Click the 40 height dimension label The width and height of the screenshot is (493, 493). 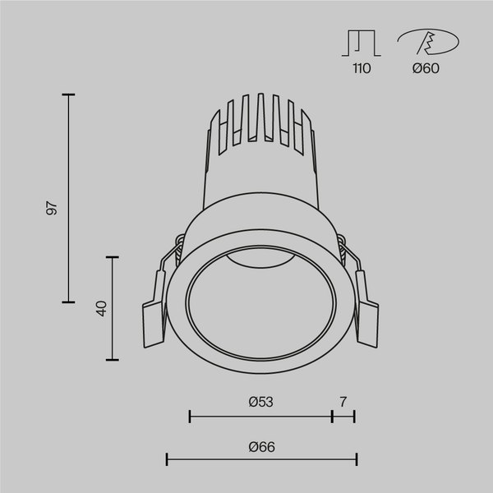101,309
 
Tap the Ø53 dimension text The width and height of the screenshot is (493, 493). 260,402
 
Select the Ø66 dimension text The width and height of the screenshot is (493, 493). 260,447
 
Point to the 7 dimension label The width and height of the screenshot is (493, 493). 343,402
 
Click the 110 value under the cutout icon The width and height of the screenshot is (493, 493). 362,69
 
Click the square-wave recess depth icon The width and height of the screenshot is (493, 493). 362,44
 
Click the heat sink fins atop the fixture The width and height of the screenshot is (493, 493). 259,123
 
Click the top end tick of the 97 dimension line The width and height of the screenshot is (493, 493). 68,95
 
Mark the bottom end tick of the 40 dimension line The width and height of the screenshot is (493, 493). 114,360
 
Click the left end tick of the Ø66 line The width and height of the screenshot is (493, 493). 167,460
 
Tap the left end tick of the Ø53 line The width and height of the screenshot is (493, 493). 190,417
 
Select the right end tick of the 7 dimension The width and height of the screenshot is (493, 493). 354,417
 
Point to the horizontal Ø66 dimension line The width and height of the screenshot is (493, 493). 260,460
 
